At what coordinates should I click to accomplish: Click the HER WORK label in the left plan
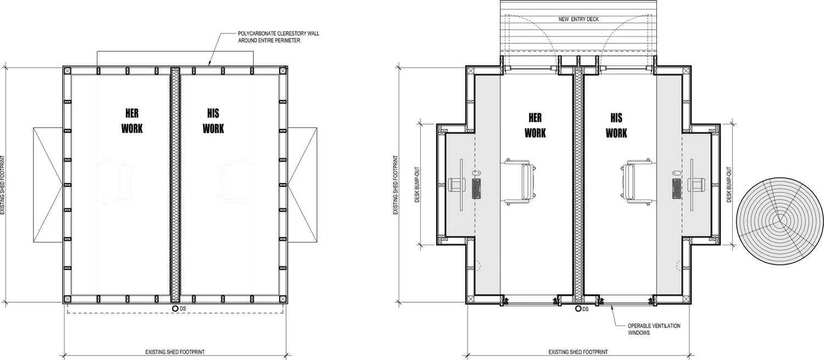click(132, 121)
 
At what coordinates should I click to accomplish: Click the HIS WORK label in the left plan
click(213, 121)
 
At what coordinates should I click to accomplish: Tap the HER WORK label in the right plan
click(535, 125)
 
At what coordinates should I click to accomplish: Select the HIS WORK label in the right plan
click(616, 125)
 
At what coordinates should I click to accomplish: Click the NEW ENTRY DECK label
click(578, 19)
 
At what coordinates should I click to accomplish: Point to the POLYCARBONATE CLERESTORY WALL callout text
click(279, 37)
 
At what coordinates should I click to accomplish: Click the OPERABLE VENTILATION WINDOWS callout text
click(654, 329)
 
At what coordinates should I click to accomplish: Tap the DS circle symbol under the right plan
click(578, 309)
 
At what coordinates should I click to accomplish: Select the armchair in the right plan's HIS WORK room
click(637, 182)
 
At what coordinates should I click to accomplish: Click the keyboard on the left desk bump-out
click(476, 189)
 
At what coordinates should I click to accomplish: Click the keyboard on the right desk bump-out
click(676, 189)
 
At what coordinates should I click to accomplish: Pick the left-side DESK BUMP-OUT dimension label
click(417, 185)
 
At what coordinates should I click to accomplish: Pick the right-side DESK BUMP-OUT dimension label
click(729, 185)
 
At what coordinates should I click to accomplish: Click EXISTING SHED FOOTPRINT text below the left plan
click(175, 352)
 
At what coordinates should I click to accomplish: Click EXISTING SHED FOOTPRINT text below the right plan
click(578, 352)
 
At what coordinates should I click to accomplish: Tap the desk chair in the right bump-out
click(696, 185)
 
